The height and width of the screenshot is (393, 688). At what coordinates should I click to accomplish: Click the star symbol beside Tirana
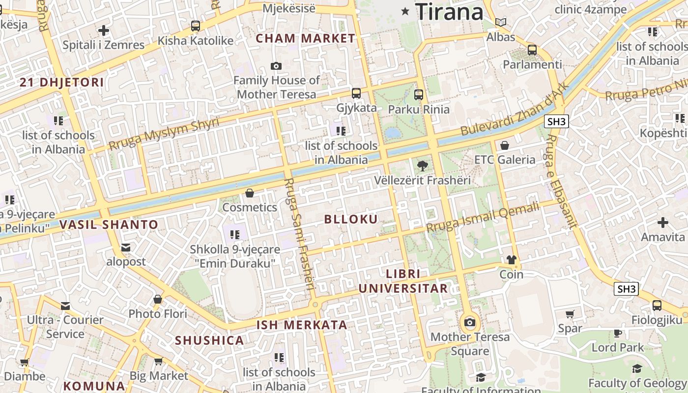(405, 11)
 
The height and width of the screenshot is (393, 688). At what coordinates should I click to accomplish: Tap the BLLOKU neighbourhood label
(351, 219)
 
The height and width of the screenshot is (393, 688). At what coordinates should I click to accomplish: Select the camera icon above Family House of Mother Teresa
(276, 66)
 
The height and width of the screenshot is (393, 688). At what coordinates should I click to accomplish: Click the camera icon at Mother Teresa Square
(470, 323)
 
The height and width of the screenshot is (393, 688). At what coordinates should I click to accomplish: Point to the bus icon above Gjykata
(356, 93)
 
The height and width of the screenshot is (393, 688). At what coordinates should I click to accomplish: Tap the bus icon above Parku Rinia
(419, 94)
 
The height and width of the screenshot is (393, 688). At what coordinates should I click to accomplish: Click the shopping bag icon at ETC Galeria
(505, 145)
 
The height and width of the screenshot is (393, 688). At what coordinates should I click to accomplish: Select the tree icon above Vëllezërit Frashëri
(422, 166)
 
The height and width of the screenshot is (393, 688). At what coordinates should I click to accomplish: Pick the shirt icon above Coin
(512, 260)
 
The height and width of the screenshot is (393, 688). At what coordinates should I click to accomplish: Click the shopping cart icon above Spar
(570, 314)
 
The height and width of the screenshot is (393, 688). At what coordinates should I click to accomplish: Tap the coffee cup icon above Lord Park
(618, 333)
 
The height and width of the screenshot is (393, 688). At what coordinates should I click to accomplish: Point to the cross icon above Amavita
(663, 223)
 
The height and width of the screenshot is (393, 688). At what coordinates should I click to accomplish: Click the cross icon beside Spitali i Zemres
(103, 30)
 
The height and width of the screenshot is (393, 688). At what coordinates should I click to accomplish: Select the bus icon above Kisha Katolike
(196, 26)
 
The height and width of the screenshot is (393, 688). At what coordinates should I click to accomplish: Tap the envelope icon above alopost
(126, 247)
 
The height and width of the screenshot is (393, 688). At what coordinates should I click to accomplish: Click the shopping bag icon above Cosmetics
(250, 193)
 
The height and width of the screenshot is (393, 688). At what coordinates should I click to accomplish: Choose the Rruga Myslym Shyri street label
(164, 134)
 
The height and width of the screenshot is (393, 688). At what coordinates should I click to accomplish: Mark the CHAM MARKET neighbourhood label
(306, 38)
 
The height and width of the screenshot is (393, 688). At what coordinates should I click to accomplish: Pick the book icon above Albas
(501, 22)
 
